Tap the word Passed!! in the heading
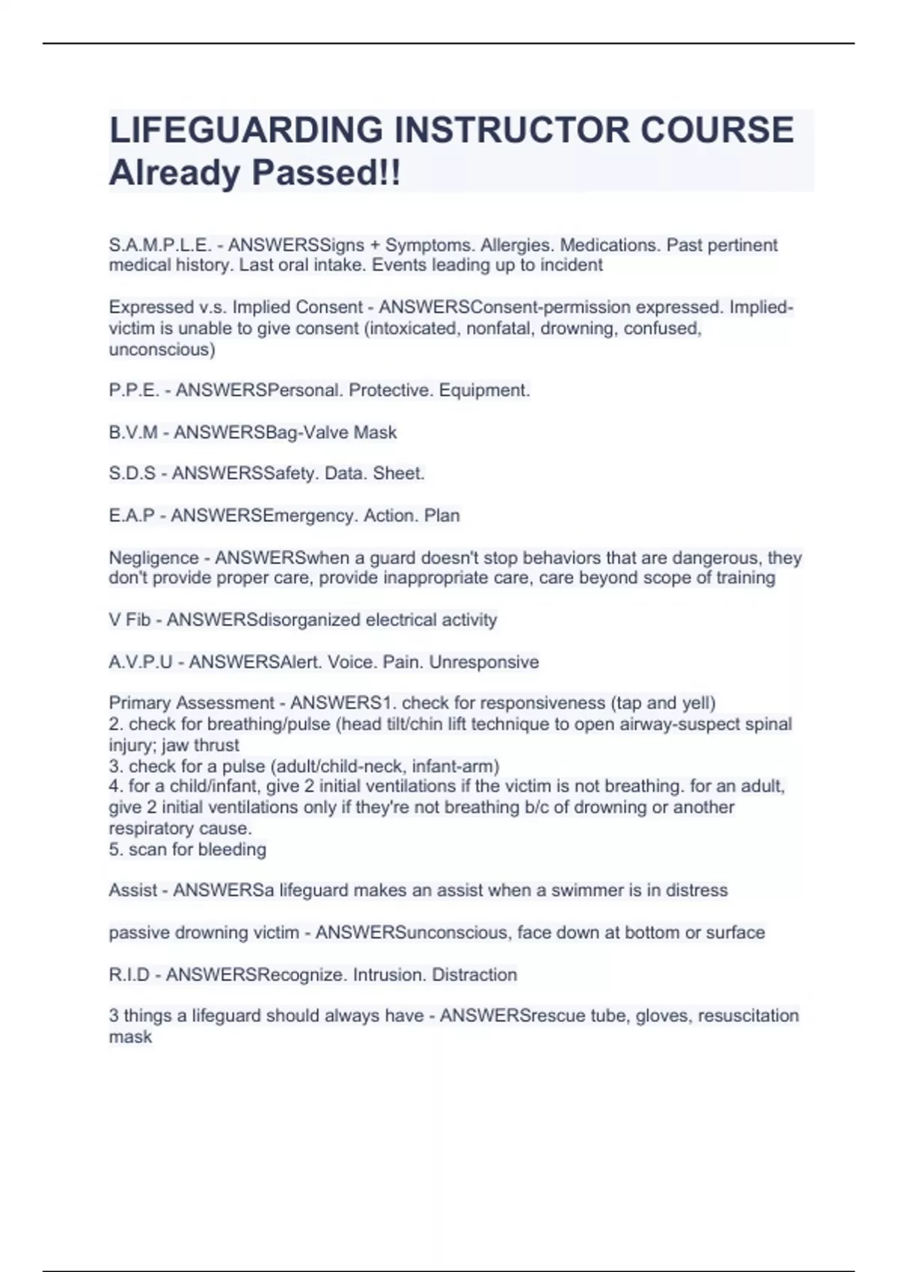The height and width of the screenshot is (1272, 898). click(x=326, y=173)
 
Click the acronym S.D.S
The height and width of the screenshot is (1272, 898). click(x=132, y=474)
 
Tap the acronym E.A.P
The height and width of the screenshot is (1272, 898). click(x=132, y=516)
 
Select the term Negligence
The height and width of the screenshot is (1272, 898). click(x=153, y=558)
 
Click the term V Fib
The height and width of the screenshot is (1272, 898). click(x=129, y=620)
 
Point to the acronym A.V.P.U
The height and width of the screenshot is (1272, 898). click(x=141, y=662)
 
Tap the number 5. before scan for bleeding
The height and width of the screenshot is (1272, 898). click(x=116, y=850)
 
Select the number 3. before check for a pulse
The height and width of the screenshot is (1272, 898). click(x=116, y=766)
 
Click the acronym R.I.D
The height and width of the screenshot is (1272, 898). click(x=129, y=975)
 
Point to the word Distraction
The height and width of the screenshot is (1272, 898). click(x=474, y=975)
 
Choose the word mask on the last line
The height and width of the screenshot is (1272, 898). click(x=130, y=1037)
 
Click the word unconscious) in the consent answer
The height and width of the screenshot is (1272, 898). click(x=162, y=349)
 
